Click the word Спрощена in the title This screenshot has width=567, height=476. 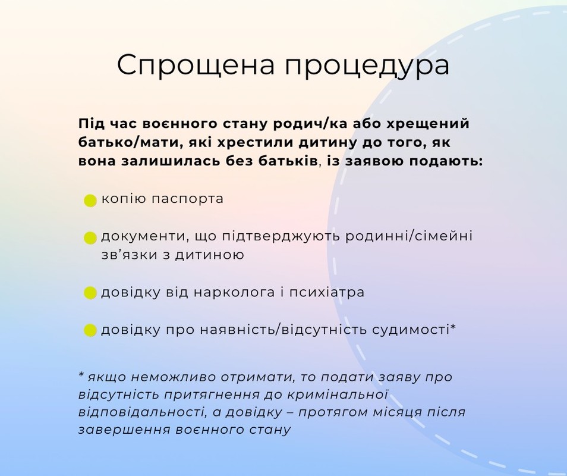click(x=196, y=65)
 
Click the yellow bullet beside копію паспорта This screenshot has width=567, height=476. click(x=90, y=201)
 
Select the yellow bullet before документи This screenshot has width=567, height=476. click(x=90, y=238)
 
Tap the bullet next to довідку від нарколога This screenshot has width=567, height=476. click(x=90, y=293)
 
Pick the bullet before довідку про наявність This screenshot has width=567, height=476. click(x=90, y=330)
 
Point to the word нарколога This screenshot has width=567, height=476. click(x=234, y=292)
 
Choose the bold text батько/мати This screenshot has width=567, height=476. click(x=126, y=143)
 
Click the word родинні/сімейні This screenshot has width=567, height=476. click(x=409, y=237)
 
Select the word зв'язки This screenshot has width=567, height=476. click(x=130, y=255)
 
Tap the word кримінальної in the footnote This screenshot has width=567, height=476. click(x=338, y=394)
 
